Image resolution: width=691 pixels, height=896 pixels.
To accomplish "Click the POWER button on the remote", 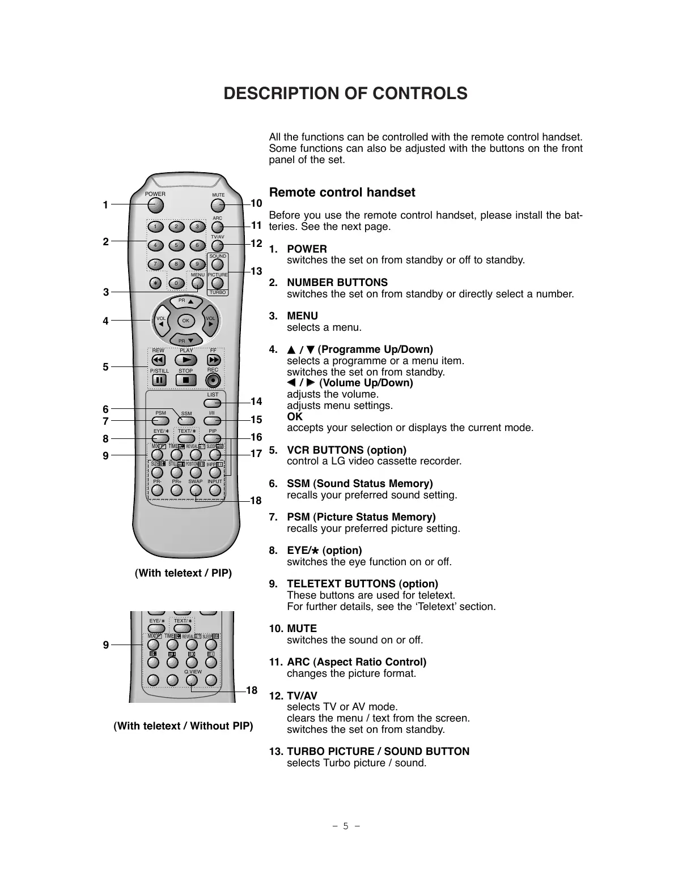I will point(155,203).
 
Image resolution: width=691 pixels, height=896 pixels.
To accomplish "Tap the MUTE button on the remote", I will point(218,204).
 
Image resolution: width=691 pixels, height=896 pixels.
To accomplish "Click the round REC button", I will point(213,380).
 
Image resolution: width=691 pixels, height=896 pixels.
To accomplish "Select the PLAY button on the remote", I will point(186,360).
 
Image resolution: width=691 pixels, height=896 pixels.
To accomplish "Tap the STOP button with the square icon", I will point(186,380).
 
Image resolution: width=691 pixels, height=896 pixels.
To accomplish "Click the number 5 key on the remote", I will point(176,245).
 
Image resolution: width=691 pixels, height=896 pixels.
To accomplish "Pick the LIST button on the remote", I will point(212,403).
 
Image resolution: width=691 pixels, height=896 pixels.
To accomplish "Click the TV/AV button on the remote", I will point(218,245).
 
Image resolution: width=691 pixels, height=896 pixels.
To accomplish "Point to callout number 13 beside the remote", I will point(257,271).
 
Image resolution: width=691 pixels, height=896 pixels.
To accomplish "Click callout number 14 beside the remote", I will point(257,402).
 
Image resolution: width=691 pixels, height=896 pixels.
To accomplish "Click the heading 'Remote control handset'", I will point(342,193).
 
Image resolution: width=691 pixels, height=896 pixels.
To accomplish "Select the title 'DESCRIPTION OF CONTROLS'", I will point(346,93).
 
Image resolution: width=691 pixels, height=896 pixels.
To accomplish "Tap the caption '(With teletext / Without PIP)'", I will point(184,726).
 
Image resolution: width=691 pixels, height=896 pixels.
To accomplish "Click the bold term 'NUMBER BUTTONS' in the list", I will point(337,283).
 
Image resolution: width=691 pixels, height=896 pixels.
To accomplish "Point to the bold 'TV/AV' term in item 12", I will point(302,696).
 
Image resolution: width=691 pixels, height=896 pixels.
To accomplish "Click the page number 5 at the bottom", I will point(345,826).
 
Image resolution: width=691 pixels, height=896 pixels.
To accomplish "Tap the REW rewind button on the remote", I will point(159,360).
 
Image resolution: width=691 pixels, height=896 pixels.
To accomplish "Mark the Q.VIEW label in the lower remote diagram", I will point(193,672).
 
